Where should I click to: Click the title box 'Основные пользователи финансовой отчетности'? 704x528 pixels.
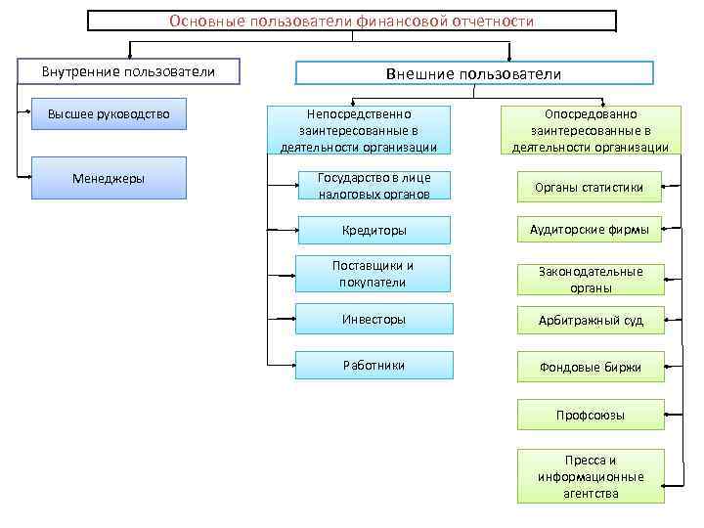pyautogui.click(x=352, y=22)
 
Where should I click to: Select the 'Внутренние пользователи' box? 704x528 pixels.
pyautogui.click(x=128, y=71)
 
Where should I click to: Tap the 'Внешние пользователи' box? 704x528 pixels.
pyautogui.click(x=474, y=73)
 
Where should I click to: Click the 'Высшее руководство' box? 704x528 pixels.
pyautogui.click(x=109, y=114)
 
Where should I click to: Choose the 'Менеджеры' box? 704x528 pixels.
pyautogui.click(x=109, y=178)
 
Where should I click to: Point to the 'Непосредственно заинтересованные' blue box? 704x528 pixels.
pyautogui.click(x=363, y=130)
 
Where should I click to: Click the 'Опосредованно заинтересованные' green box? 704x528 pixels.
pyautogui.click(x=591, y=130)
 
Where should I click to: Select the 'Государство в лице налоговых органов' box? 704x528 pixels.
pyautogui.click(x=374, y=186)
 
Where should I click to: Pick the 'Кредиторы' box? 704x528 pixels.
pyautogui.click(x=374, y=231)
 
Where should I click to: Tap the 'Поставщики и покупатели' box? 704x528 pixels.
pyautogui.click(x=374, y=274)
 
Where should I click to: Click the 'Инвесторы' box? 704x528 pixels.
pyautogui.click(x=374, y=319)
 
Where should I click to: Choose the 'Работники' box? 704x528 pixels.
pyautogui.click(x=374, y=365)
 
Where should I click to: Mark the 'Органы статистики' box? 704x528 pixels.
pyautogui.click(x=590, y=187)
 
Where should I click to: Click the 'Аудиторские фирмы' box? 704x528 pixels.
pyautogui.click(x=590, y=230)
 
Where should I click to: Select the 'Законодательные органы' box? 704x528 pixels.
pyautogui.click(x=590, y=280)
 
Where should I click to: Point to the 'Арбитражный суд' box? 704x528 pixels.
pyautogui.click(x=590, y=321)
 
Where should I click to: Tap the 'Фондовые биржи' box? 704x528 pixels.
pyautogui.click(x=590, y=368)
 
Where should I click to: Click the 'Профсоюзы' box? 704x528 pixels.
pyautogui.click(x=590, y=416)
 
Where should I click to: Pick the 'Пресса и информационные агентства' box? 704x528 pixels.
pyautogui.click(x=590, y=477)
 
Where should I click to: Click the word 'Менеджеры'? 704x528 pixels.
pyautogui.click(x=109, y=178)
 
